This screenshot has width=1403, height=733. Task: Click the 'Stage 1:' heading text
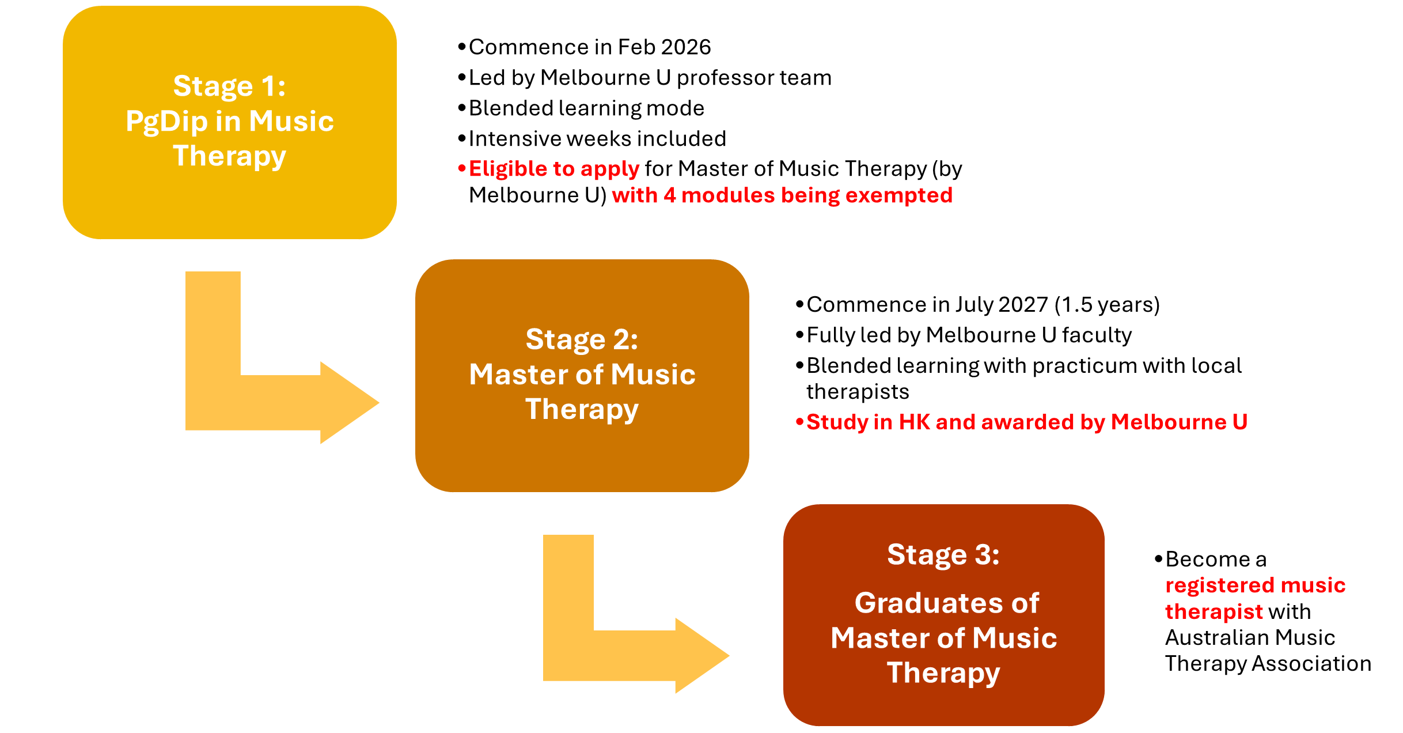pos(229,86)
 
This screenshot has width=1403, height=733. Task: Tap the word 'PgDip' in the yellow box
pos(166,122)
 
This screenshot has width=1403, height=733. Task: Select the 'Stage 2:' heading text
pos(582,339)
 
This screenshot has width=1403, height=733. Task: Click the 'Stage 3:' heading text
pos(943,555)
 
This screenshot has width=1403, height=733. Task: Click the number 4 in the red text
pos(669,196)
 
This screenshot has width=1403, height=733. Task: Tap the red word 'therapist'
pos(1214,612)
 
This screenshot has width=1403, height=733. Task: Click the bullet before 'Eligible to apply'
pos(461,169)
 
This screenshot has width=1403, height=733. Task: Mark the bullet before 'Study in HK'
pos(799,422)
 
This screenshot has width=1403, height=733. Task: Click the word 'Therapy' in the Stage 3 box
pos(943,673)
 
